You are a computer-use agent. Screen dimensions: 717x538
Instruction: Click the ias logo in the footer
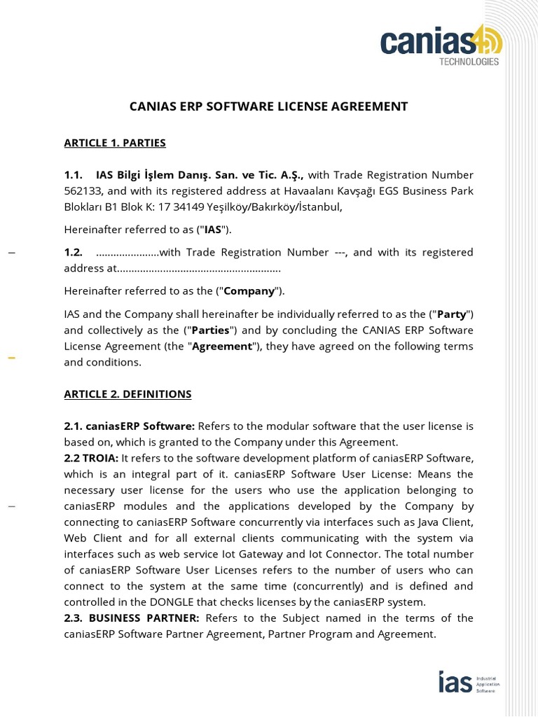point(455,681)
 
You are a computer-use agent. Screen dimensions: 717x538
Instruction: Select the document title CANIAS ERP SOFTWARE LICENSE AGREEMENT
point(268,106)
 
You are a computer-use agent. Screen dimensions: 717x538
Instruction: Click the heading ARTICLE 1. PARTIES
point(115,143)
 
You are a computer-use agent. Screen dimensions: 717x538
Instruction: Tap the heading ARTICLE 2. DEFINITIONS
point(127,394)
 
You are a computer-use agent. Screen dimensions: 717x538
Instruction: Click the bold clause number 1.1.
point(74,174)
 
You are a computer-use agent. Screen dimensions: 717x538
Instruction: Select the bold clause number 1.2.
point(74,252)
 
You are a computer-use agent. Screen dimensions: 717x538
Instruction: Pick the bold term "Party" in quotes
point(451,314)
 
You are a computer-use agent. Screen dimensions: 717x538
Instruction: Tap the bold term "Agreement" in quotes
point(222,346)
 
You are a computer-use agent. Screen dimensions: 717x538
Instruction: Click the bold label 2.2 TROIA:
point(91,458)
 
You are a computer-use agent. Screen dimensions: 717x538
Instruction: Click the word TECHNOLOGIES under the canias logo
point(469,62)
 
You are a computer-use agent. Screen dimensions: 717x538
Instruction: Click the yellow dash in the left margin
point(11,358)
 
